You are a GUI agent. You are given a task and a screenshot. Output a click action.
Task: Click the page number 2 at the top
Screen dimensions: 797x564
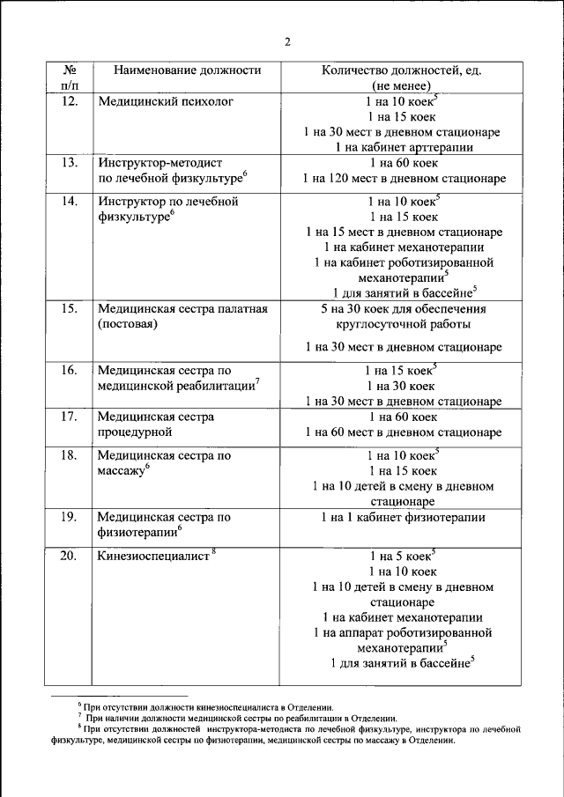click(x=287, y=41)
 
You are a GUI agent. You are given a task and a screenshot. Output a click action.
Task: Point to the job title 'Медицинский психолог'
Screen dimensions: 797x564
click(x=166, y=102)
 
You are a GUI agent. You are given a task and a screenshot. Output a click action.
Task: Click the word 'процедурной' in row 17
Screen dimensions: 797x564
click(x=135, y=432)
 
